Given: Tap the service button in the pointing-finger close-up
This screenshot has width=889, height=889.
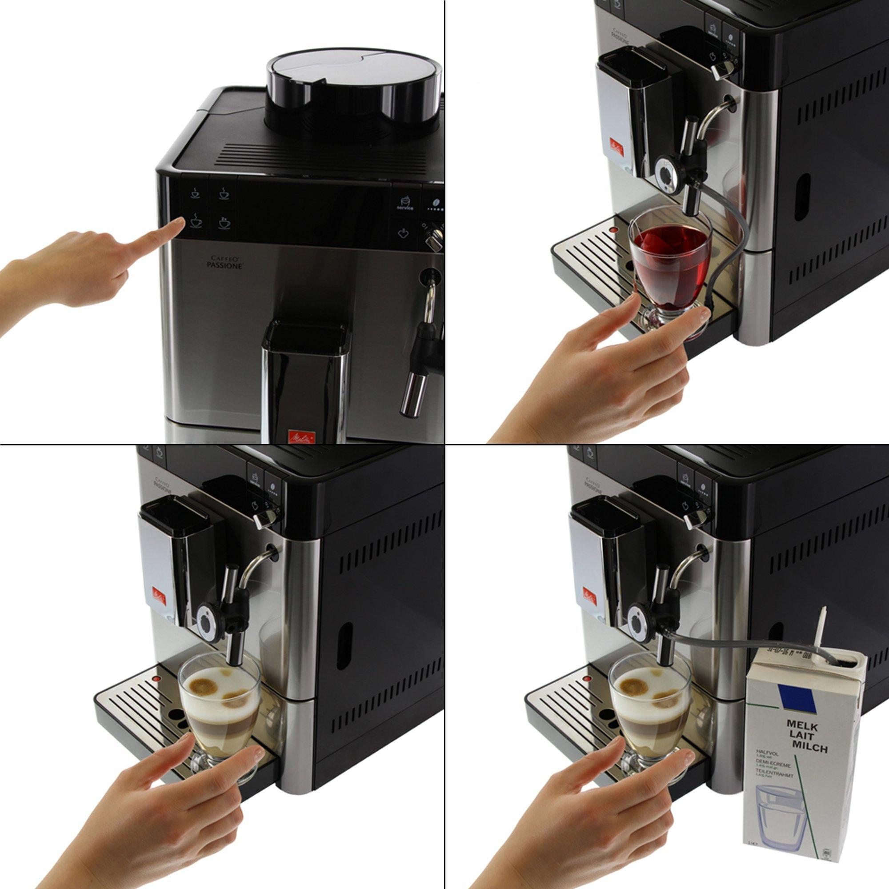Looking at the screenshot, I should click(x=405, y=202).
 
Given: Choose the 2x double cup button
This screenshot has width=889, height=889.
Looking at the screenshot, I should click(x=224, y=224).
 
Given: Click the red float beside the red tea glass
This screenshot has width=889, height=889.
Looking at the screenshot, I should click(x=612, y=230).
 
